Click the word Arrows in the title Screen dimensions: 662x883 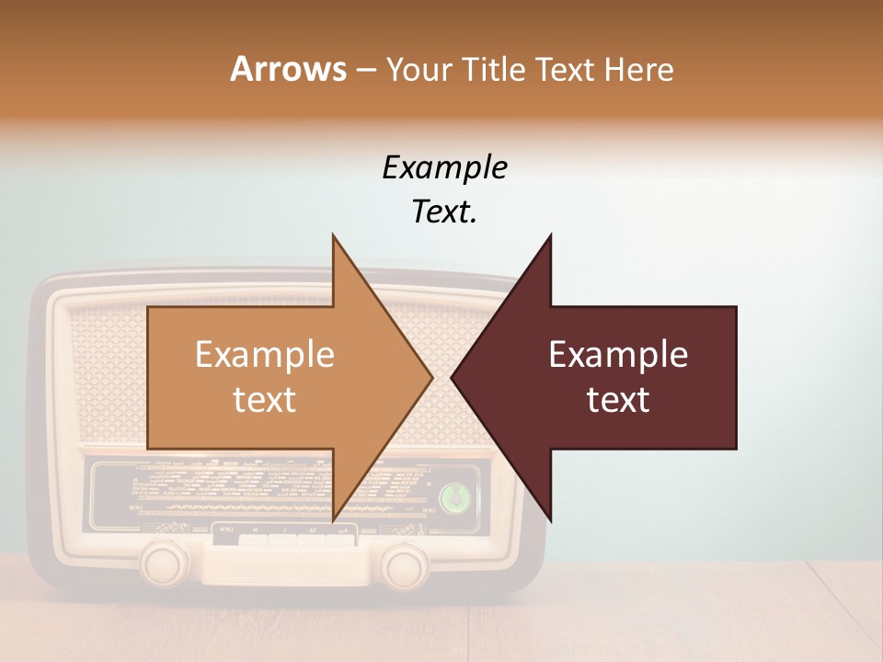click(288, 69)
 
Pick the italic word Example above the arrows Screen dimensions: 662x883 click(444, 169)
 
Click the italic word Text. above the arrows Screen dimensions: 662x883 click(444, 212)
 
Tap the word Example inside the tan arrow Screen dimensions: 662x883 click(264, 355)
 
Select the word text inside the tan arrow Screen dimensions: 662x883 click(264, 400)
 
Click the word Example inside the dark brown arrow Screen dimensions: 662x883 click(618, 355)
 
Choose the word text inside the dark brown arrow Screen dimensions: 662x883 click(618, 400)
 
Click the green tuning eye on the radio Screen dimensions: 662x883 click(453, 497)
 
